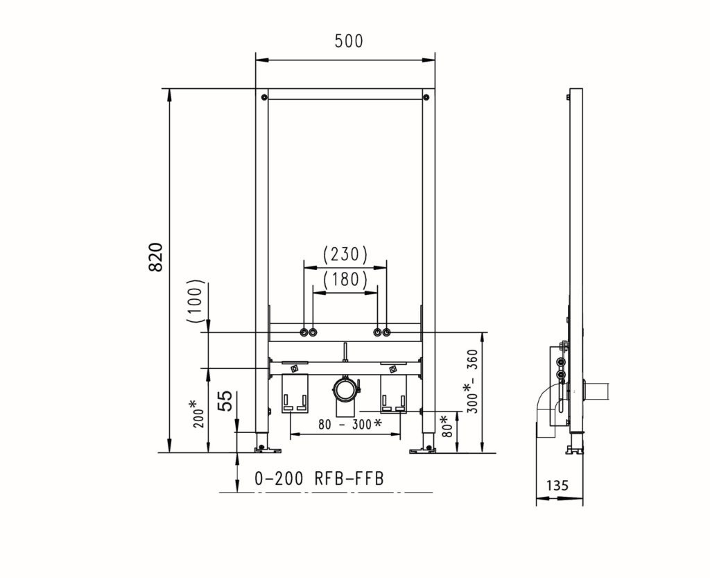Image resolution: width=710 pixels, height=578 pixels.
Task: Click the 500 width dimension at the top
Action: [348, 41]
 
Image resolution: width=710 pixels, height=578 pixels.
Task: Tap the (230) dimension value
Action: [345, 255]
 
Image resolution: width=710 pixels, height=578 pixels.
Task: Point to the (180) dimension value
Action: [345, 280]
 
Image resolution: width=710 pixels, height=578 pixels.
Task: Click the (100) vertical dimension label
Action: [197, 301]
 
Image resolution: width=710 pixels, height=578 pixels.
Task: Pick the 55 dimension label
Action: [225, 400]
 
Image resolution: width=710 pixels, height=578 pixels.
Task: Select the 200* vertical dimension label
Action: [199, 414]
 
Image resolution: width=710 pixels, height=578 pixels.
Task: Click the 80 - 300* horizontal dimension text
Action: [345, 423]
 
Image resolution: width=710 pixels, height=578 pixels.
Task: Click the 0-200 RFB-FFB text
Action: [319, 478]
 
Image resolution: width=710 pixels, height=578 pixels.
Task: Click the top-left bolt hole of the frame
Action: [263, 97]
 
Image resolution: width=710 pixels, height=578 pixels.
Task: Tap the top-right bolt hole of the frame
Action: [427, 97]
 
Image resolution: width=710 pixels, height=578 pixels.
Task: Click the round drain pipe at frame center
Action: [345, 389]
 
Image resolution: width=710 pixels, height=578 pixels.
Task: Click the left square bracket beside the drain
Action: [295, 396]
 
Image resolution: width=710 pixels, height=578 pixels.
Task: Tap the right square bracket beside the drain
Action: [393, 396]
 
